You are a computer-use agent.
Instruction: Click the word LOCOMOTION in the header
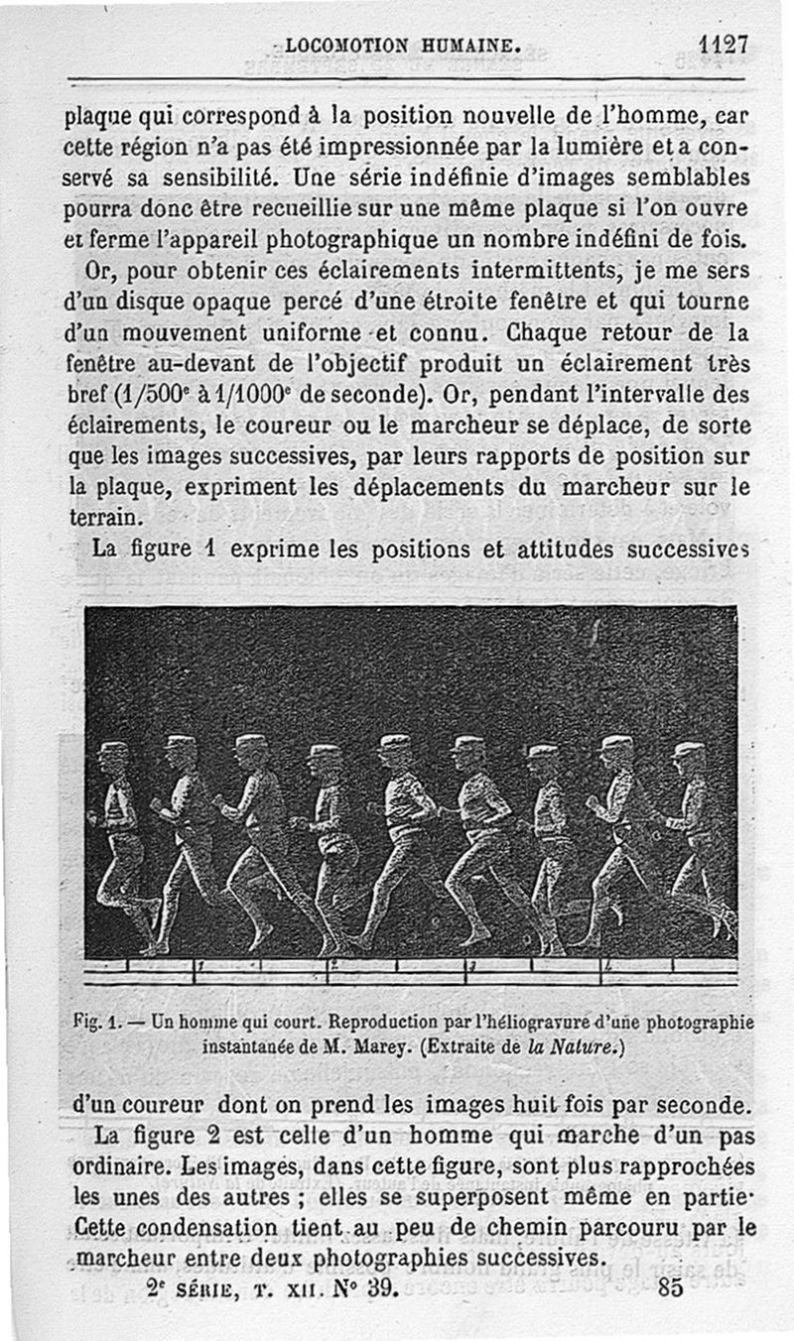point(346,45)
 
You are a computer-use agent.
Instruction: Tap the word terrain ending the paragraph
point(101,518)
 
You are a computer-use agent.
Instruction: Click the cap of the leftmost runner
point(113,747)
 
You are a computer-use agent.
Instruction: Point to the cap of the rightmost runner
point(688,749)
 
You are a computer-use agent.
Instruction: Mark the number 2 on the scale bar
point(333,963)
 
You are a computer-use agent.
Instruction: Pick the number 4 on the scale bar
point(604,965)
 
